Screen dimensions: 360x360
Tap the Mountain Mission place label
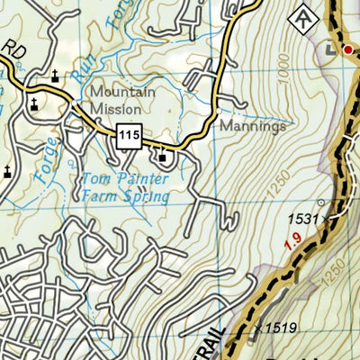click(122, 100)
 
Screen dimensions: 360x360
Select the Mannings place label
click(253, 127)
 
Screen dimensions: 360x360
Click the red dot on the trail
click(346, 49)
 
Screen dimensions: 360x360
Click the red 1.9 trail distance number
click(291, 242)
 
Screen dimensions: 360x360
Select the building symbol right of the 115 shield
click(162, 158)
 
